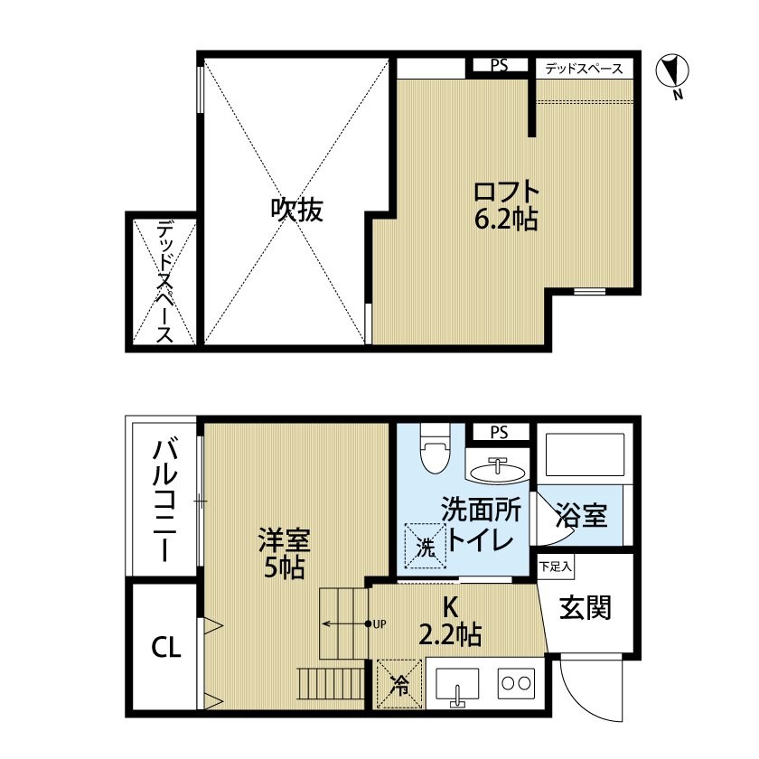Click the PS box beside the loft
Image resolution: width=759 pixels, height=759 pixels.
pos(499,65)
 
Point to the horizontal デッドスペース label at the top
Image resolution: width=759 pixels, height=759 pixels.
pos(584,68)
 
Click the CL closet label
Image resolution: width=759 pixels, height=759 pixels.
pos(165,647)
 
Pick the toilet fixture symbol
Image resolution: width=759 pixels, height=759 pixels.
pos(436,449)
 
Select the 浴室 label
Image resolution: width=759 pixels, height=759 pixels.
pos(582,516)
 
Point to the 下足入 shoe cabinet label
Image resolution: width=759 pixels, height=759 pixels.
pos(555,567)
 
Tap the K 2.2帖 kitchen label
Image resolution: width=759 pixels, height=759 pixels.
pos(448,621)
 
